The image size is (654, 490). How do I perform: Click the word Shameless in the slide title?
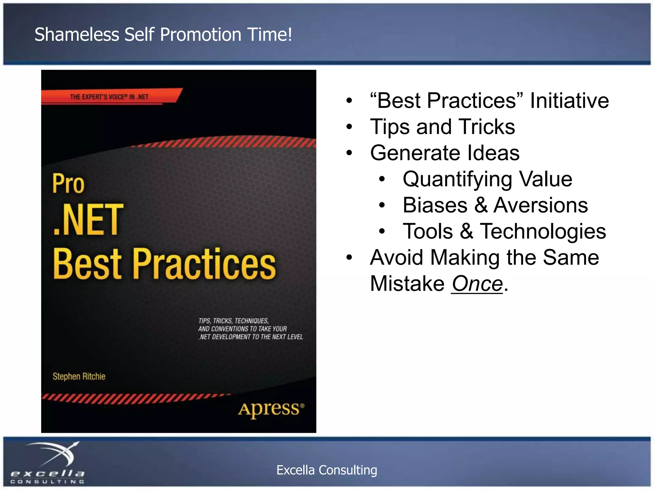click(77, 34)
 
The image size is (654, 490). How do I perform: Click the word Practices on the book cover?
click(204, 264)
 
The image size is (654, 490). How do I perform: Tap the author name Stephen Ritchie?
click(79, 376)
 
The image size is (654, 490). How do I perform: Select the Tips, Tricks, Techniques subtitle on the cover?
click(250, 329)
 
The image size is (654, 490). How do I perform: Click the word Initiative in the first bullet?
click(569, 100)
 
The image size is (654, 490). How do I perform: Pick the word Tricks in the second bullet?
click(487, 127)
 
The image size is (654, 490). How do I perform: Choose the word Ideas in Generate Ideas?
click(493, 153)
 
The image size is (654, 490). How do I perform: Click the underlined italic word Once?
click(477, 284)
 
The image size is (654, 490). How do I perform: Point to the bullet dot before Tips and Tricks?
click(349, 127)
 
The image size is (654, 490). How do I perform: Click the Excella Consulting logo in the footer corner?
click(48, 463)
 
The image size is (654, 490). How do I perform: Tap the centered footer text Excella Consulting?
click(327, 470)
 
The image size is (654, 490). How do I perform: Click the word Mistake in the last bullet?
click(407, 284)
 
